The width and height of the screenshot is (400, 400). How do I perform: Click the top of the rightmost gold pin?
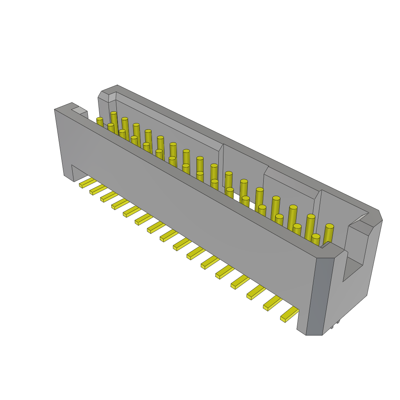pos(330,226)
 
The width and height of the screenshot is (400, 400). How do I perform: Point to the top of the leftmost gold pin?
pos(100,119)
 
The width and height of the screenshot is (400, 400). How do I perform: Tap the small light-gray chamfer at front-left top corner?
pos(79,110)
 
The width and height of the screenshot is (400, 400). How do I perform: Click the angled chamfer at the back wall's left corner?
pos(103,95)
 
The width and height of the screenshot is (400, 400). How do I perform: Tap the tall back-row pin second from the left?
pos(125,119)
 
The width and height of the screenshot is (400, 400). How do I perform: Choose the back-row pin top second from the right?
pos(311,216)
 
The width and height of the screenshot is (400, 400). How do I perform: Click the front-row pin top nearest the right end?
pos(316,236)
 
